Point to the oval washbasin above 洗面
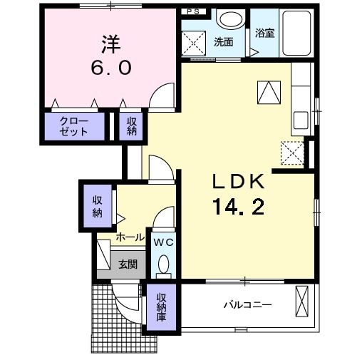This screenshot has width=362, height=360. (x=229, y=20)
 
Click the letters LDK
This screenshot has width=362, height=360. (x=238, y=182)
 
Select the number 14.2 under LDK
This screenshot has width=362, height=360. (x=238, y=207)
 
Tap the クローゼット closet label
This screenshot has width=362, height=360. (x=74, y=127)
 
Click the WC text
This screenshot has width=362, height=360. (x=164, y=242)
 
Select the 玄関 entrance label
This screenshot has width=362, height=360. (x=128, y=264)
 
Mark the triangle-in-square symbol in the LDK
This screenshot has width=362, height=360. (x=269, y=91)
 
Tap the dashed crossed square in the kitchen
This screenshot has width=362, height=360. (x=292, y=152)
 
